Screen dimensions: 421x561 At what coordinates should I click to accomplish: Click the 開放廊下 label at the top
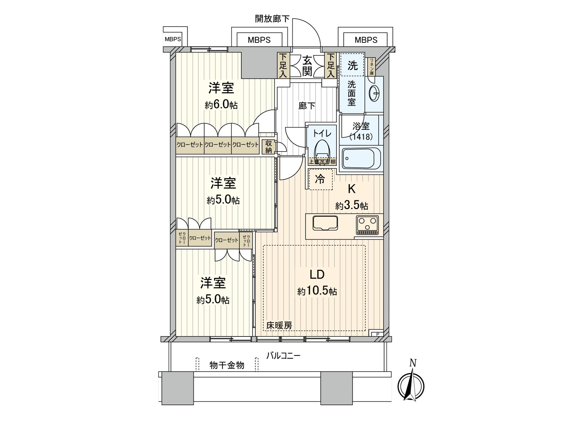(272, 19)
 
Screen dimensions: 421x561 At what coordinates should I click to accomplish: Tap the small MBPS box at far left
(173, 39)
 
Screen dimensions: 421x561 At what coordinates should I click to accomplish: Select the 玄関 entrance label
(307, 66)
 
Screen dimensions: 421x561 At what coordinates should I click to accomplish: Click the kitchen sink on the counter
(325, 223)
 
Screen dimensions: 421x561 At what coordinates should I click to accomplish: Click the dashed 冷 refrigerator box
(320, 179)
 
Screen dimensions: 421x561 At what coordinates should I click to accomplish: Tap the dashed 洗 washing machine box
(352, 65)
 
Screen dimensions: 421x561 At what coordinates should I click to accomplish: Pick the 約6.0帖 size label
(222, 105)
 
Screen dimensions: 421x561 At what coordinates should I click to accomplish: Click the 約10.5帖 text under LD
(317, 291)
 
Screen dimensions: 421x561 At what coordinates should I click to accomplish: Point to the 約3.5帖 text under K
(351, 206)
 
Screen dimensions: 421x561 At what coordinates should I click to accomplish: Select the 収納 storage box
(269, 147)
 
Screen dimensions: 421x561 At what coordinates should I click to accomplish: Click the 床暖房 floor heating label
(279, 325)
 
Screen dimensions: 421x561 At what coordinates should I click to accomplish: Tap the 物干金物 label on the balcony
(227, 365)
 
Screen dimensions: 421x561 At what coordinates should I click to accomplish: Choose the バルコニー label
(283, 356)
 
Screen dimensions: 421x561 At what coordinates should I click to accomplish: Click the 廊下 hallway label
(307, 106)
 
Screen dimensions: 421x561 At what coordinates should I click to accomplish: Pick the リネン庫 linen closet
(371, 67)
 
